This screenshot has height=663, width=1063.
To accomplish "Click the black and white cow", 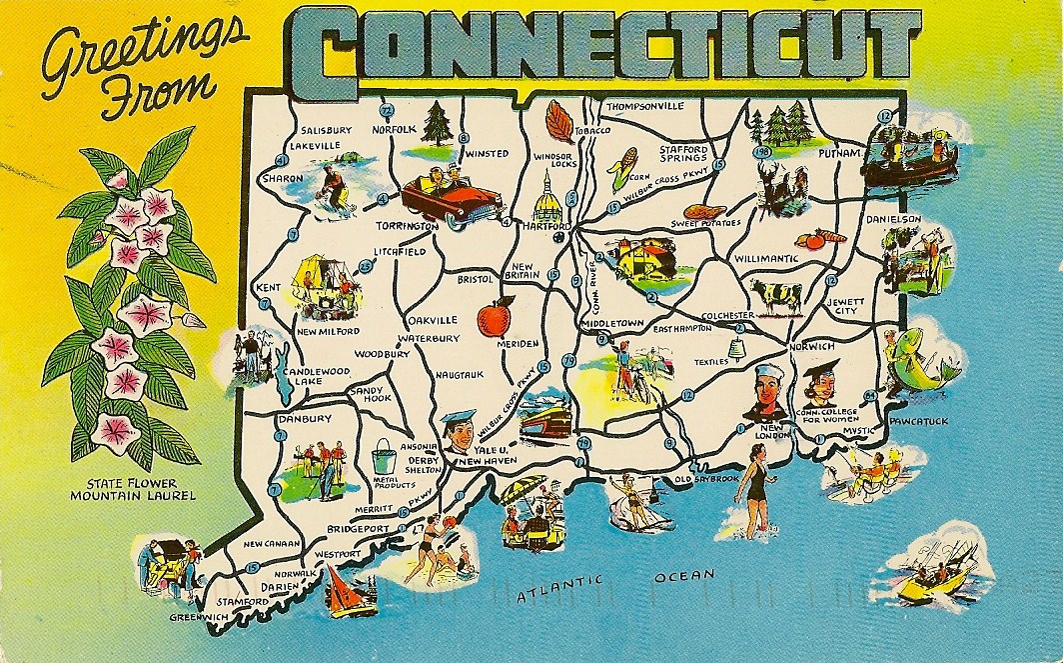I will (776, 294).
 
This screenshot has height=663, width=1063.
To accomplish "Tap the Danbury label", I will (306, 419).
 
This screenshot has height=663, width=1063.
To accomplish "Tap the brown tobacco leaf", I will (558, 122).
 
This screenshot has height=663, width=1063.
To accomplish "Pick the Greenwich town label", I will (198, 616).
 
